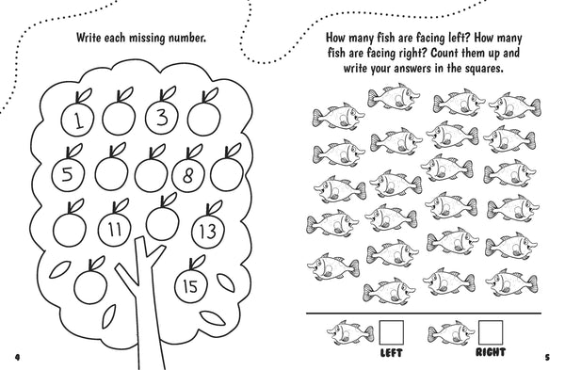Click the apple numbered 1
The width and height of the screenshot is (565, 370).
(x=77, y=119)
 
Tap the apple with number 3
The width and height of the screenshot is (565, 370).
(x=162, y=117)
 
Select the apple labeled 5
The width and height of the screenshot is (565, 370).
(x=68, y=175)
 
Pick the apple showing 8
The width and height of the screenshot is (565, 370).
(x=188, y=175)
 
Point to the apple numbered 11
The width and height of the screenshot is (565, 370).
(x=115, y=229)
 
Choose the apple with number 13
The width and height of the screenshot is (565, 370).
(x=208, y=231)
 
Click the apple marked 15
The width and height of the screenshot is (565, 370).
(x=191, y=285)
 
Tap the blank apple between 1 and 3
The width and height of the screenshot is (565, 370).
(x=119, y=118)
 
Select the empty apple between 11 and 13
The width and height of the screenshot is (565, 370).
(x=163, y=223)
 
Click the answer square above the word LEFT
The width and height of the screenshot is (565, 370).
(x=392, y=332)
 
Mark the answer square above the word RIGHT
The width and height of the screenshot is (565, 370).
(x=491, y=332)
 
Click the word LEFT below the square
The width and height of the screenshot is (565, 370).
(x=392, y=353)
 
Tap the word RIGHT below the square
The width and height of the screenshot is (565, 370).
(x=491, y=352)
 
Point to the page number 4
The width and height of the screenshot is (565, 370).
(x=17, y=357)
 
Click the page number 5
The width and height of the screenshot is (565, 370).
(x=547, y=358)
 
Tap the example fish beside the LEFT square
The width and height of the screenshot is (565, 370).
(x=350, y=332)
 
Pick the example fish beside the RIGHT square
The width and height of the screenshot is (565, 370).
(x=451, y=332)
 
